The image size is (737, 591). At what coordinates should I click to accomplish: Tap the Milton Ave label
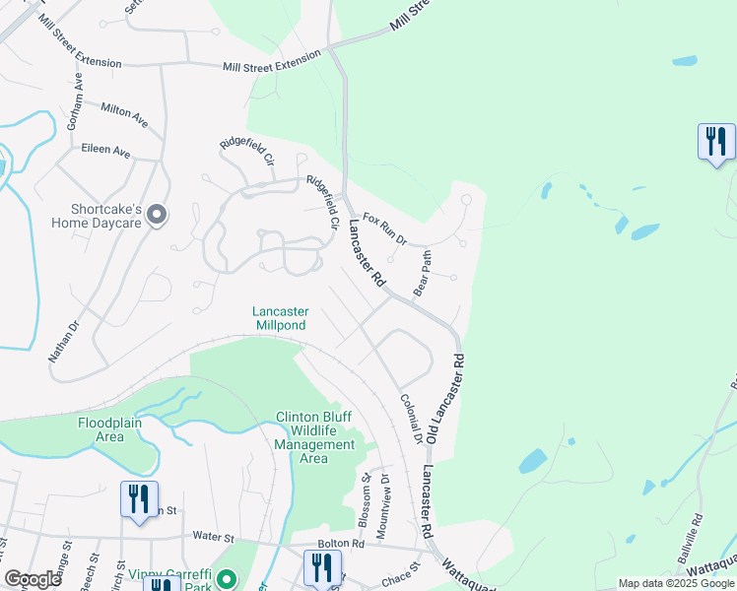click(123, 114)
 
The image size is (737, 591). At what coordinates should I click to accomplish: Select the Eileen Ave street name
click(107, 152)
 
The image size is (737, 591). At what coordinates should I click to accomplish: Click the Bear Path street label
click(424, 279)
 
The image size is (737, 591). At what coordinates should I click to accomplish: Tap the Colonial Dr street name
click(410, 418)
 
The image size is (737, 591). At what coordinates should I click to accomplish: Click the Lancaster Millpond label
click(280, 317)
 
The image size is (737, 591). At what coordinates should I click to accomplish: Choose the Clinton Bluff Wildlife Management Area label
click(314, 437)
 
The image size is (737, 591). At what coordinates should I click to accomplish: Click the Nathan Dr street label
click(64, 340)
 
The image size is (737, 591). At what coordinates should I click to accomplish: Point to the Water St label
click(214, 538)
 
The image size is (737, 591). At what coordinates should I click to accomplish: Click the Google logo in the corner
click(33, 578)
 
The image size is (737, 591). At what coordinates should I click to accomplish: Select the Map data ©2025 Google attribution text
click(675, 583)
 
